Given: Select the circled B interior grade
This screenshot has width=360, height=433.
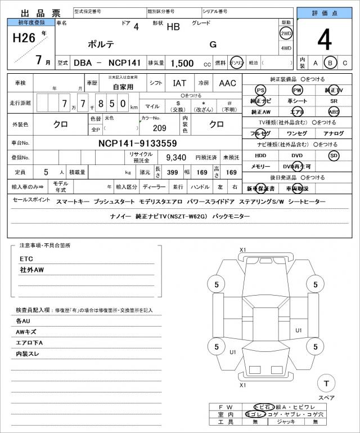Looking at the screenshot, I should [331, 63].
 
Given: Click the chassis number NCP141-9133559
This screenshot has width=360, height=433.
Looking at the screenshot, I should [138, 143].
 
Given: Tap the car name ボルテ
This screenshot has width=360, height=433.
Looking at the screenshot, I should [101, 44].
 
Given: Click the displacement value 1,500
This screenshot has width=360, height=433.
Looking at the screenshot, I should [183, 63].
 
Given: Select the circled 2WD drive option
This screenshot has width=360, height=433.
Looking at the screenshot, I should [286, 34].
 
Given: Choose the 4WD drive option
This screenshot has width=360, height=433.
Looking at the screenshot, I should [286, 48].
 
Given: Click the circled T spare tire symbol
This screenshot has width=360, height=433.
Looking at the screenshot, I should [326, 384].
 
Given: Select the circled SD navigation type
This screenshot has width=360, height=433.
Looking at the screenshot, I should [334, 155].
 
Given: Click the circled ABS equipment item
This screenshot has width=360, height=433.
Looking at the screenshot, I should [334, 111].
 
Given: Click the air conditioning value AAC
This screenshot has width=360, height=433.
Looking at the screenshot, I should [227, 83].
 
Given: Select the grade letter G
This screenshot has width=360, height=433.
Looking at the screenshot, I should [213, 44].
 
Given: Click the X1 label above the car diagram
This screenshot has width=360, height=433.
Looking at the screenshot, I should [243, 250].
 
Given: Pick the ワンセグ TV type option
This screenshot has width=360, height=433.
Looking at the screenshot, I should [296, 133].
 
